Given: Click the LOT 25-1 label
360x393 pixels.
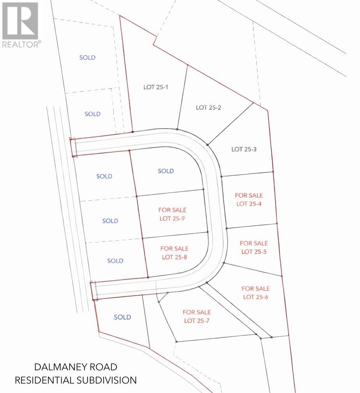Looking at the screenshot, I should (156, 87).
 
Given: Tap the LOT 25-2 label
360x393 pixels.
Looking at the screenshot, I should (208, 108).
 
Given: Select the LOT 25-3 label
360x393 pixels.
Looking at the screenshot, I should (244, 149).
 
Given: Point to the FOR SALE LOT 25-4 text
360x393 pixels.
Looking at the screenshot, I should (249, 199).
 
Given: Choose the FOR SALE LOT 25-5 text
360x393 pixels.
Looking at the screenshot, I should (254, 247).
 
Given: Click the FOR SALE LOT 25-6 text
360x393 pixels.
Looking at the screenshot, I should (255, 293).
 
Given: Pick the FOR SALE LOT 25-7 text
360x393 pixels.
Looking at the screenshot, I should (197, 316).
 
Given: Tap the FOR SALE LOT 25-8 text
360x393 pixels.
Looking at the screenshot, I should (174, 252).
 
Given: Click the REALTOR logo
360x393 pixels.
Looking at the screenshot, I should (20, 25).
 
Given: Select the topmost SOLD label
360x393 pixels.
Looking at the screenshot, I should (87, 58).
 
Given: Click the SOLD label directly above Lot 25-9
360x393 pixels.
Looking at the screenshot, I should (166, 171).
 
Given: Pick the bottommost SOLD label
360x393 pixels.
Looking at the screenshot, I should (122, 317).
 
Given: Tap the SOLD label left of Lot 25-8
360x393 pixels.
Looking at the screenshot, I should (115, 261).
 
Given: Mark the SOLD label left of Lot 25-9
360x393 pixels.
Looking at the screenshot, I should (110, 221).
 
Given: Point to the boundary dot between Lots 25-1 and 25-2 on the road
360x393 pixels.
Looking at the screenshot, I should (177, 129).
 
